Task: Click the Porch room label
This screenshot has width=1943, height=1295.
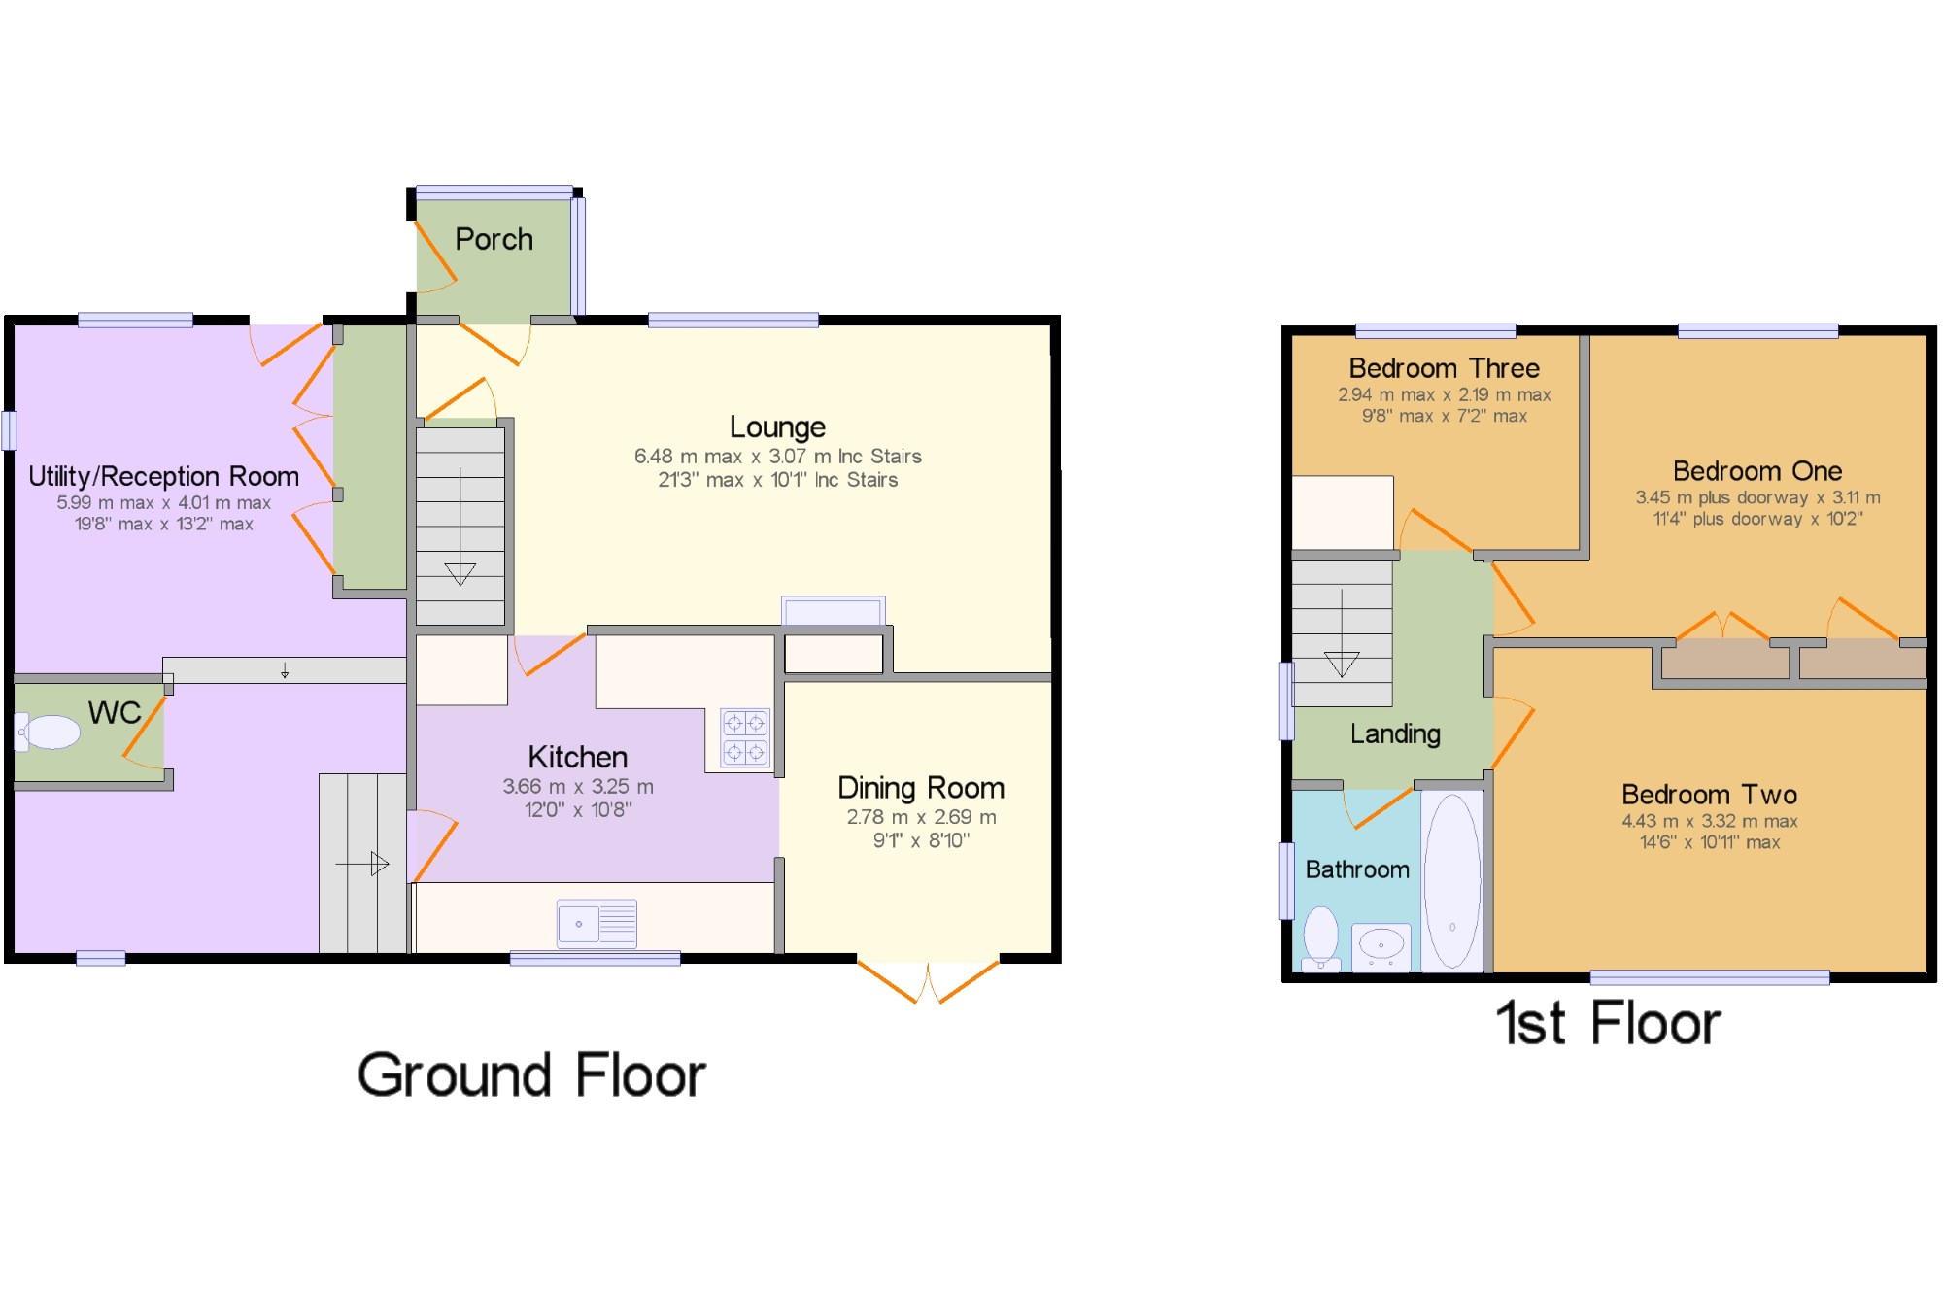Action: coord(494,239)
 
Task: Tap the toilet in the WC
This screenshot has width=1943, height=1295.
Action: coord(48,733)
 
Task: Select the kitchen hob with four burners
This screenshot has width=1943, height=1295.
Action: coord(745,737)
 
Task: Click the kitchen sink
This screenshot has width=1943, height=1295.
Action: coord(597,923)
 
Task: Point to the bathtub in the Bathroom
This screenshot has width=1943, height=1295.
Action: coord(1452,881)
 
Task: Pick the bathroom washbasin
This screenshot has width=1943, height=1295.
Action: coord(1381,945)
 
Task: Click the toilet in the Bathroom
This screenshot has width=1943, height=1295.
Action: coord(1321,938)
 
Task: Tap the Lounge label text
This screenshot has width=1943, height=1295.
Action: coord(777,427)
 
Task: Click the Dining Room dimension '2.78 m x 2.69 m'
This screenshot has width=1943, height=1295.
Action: coord(921,817)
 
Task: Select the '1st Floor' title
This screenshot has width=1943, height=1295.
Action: coord(1608,1023)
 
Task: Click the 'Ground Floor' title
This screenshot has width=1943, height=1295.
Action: coord(531,1075)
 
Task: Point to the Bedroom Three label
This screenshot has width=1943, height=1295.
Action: coord(1444,368)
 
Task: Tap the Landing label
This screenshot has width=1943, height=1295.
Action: coord(1395,734)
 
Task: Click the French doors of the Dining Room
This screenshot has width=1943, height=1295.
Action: coord(928,980)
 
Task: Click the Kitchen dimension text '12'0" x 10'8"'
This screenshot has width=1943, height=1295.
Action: coord(578,810)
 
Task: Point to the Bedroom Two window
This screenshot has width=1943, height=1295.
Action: coord(1710,977)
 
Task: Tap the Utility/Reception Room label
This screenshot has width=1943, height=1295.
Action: coord(163,476)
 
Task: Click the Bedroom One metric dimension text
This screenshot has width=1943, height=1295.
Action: coord(1757,497)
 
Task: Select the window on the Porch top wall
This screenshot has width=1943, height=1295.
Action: coord(494,191)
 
